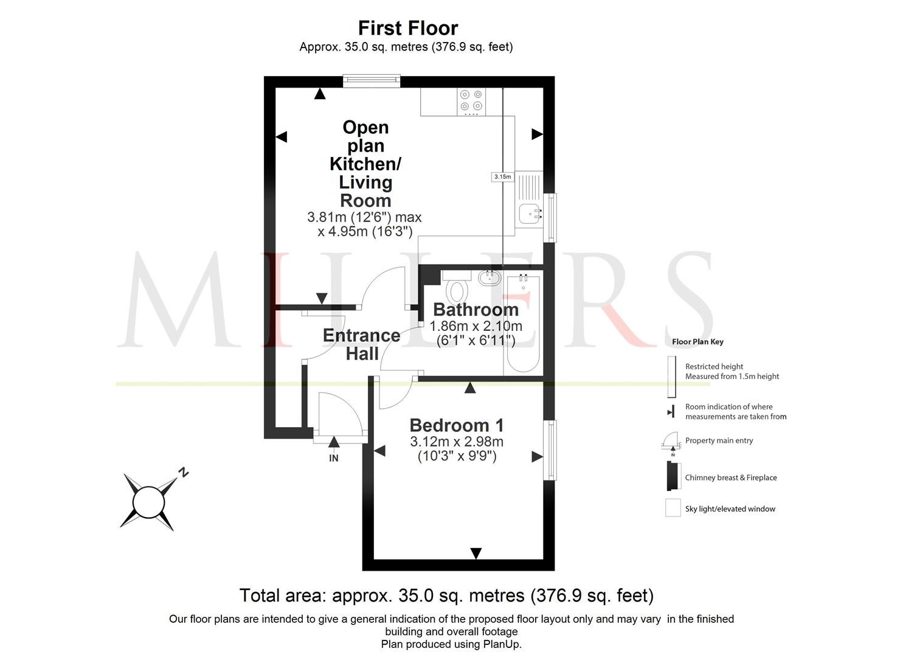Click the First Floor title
coord(408,28)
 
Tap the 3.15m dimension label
coord(502,176)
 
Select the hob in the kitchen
coord(471,101)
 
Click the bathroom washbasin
coord(490,277)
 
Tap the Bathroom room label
coord(476,310)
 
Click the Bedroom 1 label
coord(457,425)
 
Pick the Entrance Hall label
coord(362,345)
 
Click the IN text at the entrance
coord(333,458)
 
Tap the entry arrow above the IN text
coord(334,442)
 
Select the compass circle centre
coord(149,502)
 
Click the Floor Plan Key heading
coord(697,342)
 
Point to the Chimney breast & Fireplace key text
coord(731,478)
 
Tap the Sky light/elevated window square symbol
coord(673,508)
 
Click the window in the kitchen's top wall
coord(372,81)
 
